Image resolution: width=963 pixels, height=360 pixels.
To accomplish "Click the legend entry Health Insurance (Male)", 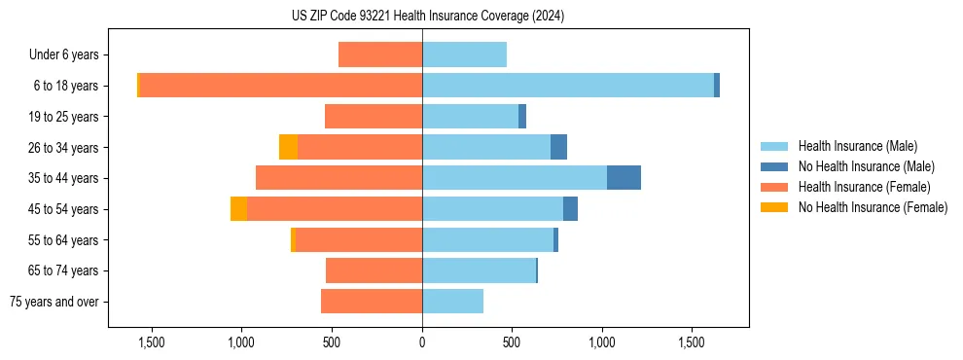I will [x=857, y=146].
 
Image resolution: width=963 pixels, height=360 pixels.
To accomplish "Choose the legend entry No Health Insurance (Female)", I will [x=873, y=207].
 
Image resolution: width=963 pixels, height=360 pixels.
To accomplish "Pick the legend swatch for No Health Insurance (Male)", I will [x=774, y=166].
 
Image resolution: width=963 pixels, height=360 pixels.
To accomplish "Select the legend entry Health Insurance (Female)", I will [x=864, y=187].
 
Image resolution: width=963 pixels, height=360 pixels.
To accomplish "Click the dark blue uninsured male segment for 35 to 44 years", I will [x=624, y=178].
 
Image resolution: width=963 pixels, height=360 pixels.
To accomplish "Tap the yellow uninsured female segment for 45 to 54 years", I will [x=238, y=209].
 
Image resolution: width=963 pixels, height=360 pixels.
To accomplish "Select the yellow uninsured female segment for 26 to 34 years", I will [x=288, y=147].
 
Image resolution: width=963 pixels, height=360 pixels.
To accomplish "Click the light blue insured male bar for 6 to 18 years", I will [x=568, y=86].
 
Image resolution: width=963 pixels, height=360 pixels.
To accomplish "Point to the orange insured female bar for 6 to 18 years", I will [x=281, y=86].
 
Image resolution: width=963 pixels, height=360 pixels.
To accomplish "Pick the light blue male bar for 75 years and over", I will [x=452, y=302].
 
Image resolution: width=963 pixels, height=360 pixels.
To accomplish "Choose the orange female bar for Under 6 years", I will [x=380, y=55].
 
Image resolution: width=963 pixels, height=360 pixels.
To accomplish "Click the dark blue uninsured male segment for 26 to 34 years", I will [x=558, y=147].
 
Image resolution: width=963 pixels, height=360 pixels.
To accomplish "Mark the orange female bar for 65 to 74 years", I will [x=374, y=270].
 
